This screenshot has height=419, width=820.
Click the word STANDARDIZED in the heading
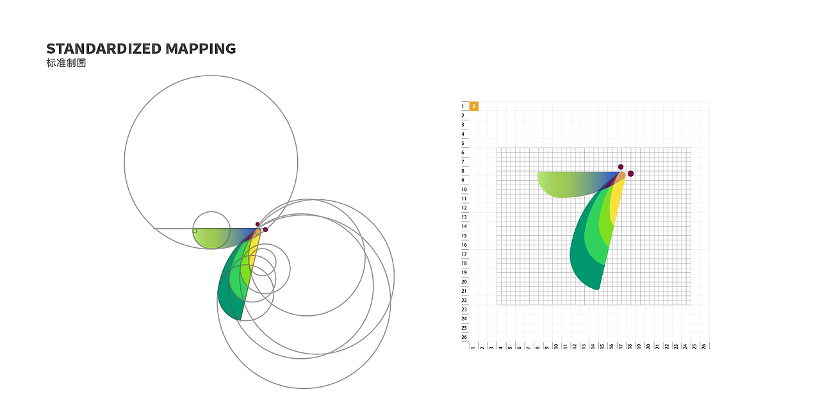tap(104, 49)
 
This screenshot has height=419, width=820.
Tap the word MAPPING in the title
tap(201, 49)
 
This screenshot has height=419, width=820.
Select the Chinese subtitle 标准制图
tap(66, 63)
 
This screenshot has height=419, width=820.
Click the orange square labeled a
tap(473, 106)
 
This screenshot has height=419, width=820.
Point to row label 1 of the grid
tap(463, 106)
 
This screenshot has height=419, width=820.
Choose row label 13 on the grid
tap(464, 217)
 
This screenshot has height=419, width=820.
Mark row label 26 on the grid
tap(464, 338)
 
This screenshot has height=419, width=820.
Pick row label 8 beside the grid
tap(463, 171)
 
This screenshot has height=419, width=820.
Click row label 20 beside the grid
tap(464, 282)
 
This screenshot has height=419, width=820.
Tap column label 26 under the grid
tap(703, 346)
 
